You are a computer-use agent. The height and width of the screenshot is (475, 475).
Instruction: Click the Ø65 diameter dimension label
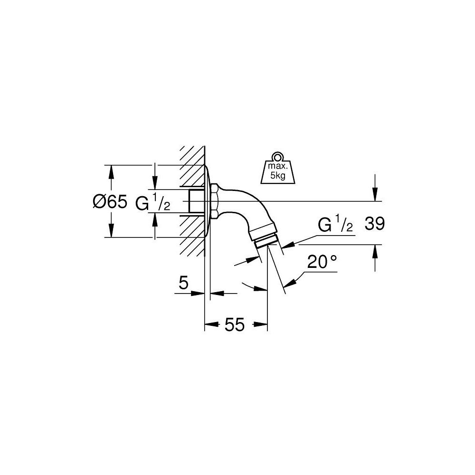pos(110,202)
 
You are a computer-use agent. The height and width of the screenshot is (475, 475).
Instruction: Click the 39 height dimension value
pos(374,224)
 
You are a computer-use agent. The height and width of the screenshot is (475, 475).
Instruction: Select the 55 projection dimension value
pos(234,325)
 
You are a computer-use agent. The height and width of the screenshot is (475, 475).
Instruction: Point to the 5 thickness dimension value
pos(183,284)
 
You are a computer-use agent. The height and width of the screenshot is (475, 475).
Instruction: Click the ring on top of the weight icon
pos(277,156)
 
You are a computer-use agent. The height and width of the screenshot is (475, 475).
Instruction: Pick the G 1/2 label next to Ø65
pos(152,203)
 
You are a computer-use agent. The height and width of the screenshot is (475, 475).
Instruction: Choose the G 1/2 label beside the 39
pos(335,225)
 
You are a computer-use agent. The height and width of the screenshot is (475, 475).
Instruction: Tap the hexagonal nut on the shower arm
pos(215,202)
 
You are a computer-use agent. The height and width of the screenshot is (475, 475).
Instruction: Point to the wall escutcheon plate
pos(208,201)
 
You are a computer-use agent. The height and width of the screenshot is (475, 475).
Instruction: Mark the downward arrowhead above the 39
pos(375,195)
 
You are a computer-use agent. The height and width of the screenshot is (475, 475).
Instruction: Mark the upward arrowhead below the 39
pos(375,251)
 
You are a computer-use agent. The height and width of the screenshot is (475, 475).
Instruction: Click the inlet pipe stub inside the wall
pos(196,201)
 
